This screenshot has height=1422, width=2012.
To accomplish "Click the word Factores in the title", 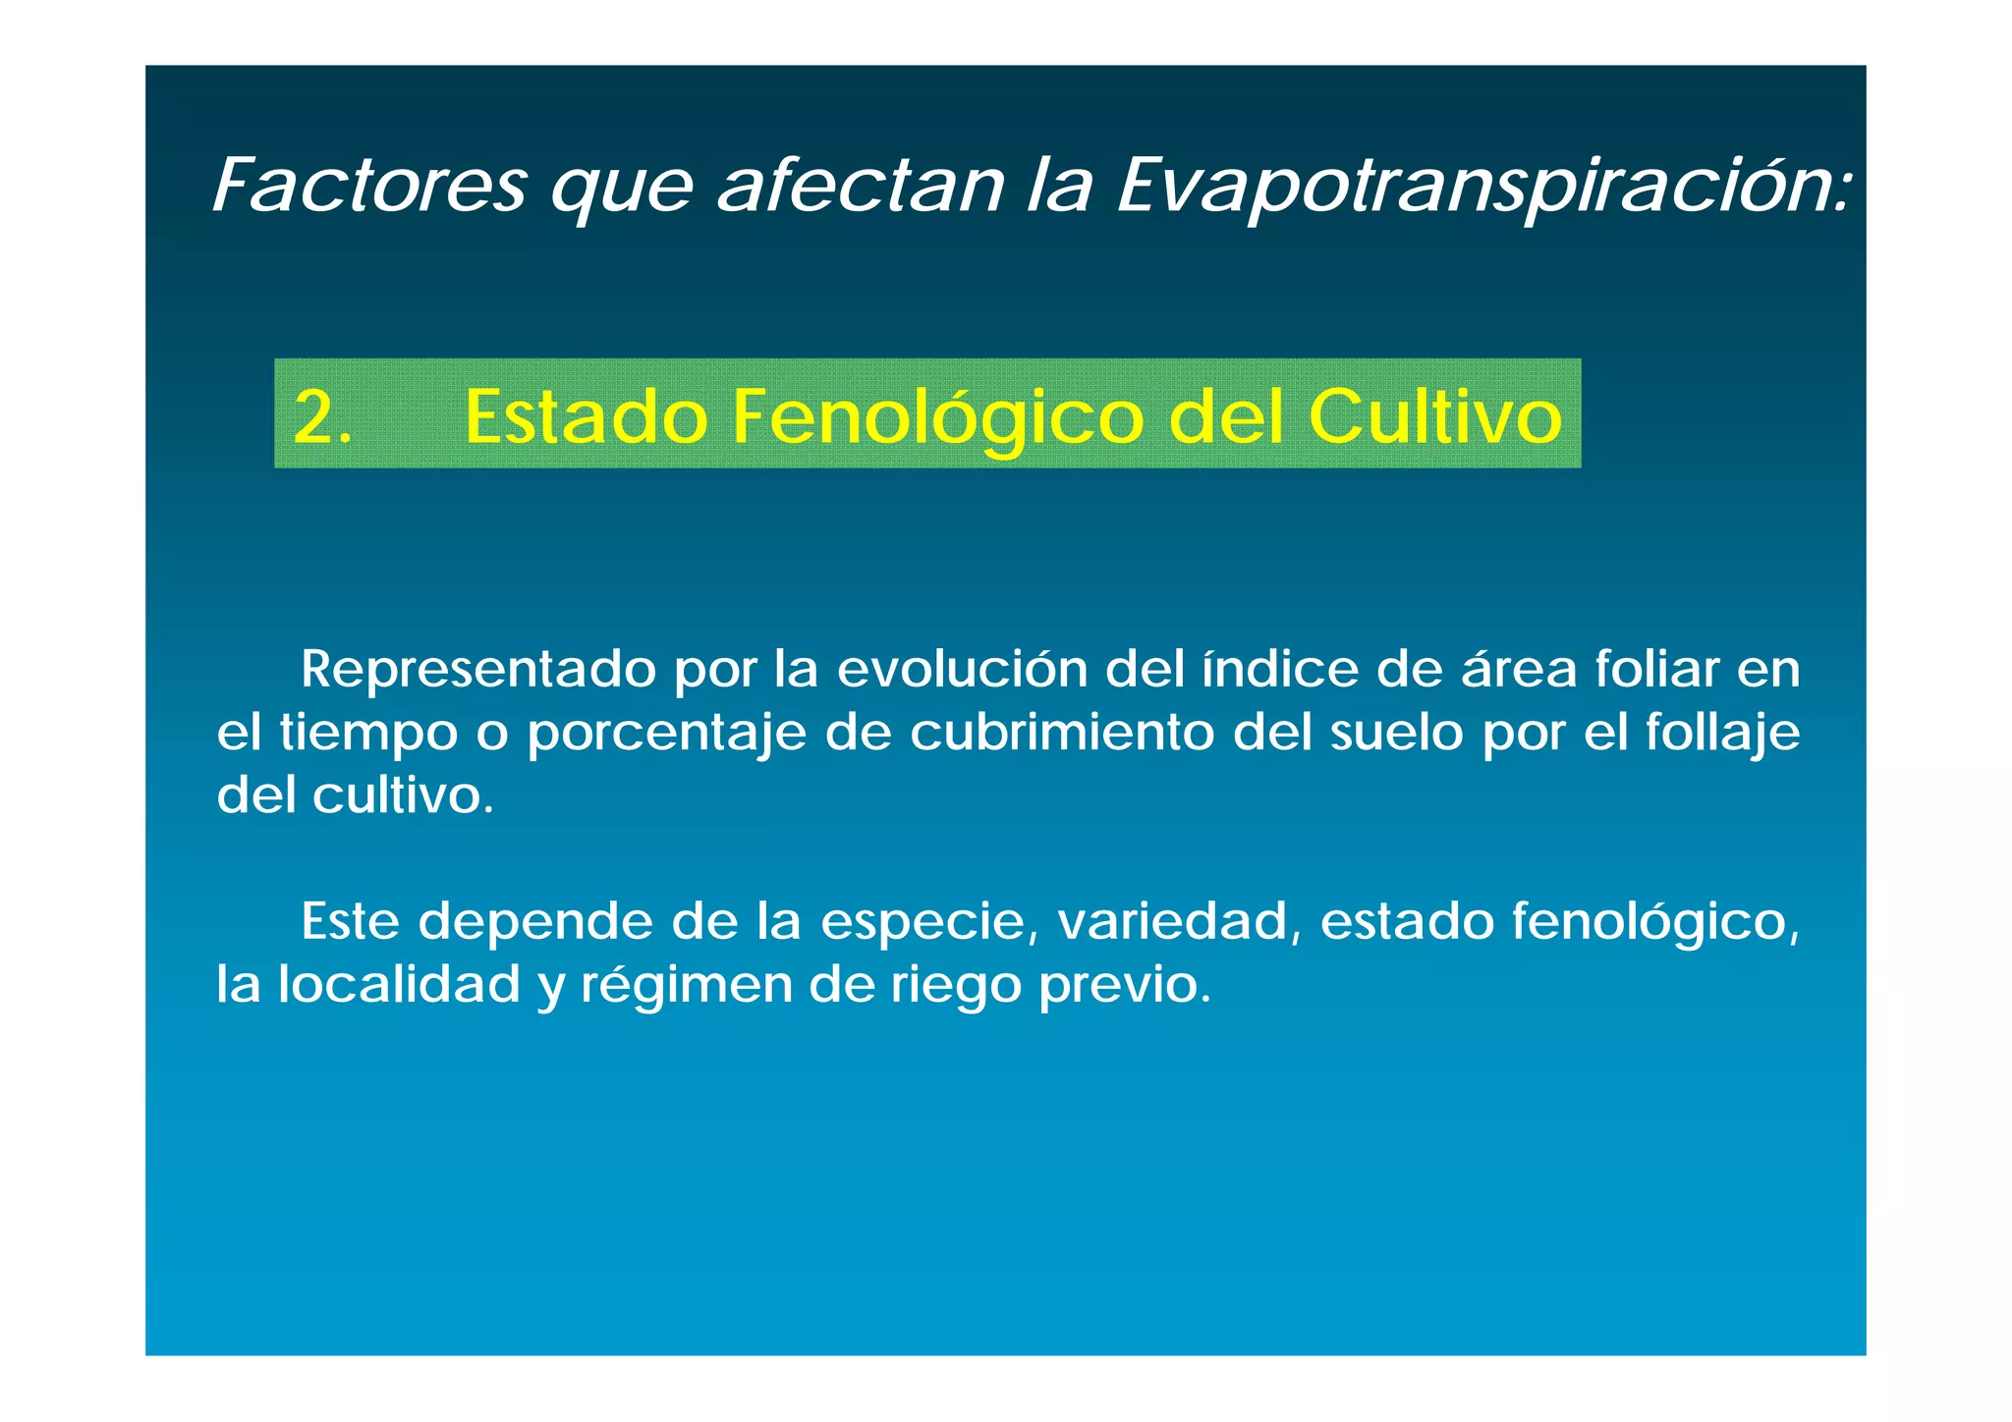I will pyautogui.click(x=369, y=186).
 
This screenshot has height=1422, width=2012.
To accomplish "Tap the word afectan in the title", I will pyautogui.click(x=861, y=186).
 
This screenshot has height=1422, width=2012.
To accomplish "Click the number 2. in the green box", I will pyautogui.click(x=322, y=416).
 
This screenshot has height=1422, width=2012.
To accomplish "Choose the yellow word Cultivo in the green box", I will pyautogui.click(x=1435, y=416).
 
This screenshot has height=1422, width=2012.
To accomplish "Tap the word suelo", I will pyautogui.click(x=1396, y=733).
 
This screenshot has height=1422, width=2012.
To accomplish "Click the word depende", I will pyautogui.click(x=535, y=923).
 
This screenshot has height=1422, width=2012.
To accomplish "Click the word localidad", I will pyautogui.click(x=399, y=984).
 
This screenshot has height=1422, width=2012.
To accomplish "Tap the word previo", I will pyautogui.click(x=1125, y=986).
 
